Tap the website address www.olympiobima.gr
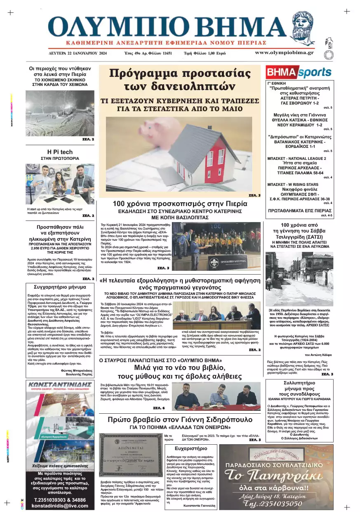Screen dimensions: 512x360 tap(284, 52)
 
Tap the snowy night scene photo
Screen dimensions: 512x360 tap(60, 113)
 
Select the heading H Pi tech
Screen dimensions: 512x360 tap(60, 152)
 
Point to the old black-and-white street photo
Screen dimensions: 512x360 tap(299, 280)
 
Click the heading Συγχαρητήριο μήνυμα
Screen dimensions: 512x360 tap(60, 286)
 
